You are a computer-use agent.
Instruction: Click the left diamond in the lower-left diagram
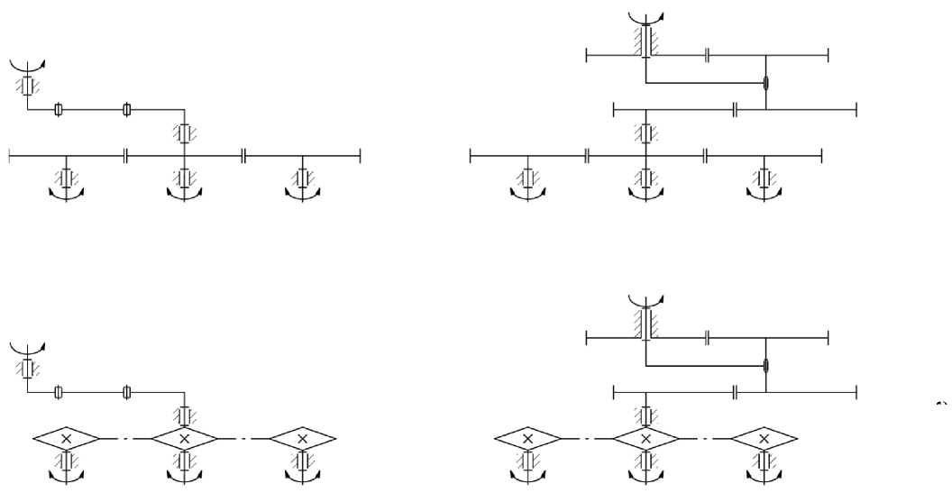point(66,438)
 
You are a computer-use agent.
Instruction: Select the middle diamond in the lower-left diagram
point(184,438)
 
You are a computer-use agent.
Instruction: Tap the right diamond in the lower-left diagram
point(302,438)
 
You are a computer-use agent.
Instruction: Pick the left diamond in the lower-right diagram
point(528,438)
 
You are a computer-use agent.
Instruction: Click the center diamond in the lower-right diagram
point(645,438)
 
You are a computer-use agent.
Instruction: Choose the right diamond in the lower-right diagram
point(764,438)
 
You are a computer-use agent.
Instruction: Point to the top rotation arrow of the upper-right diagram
point(645,15)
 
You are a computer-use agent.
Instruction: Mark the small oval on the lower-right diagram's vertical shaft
point(765,366)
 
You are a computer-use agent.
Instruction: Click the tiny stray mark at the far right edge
point(943,402)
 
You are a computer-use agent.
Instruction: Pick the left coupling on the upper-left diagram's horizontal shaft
point(59,110)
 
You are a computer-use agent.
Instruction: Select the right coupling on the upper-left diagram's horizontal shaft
point(127,110)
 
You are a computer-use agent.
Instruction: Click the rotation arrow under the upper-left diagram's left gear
point(66,193)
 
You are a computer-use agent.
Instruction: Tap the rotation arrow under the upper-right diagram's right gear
point(764,193)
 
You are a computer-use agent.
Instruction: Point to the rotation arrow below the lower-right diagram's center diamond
point(645,475)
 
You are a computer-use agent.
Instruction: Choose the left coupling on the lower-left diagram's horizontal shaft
point(59,392)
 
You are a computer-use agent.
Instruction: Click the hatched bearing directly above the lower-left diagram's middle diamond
point(184,415)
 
